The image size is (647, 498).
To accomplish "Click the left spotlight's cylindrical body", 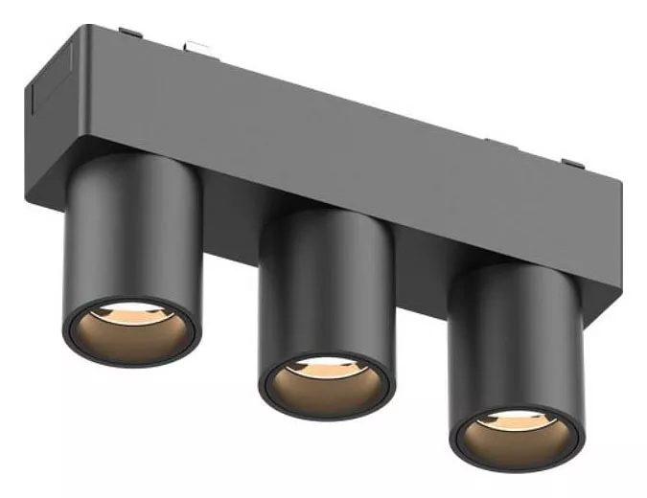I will [129, 239].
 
